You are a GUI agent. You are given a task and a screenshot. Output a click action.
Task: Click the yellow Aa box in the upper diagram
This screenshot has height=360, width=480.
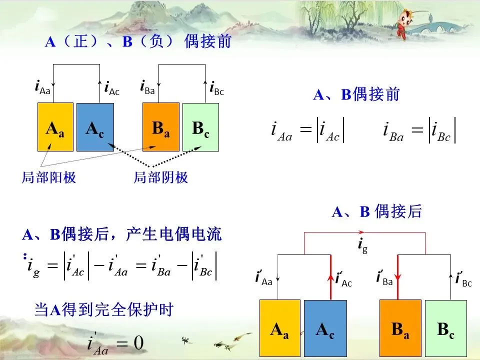[55, 127]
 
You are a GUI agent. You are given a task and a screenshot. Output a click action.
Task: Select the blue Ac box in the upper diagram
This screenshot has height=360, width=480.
[95, 127]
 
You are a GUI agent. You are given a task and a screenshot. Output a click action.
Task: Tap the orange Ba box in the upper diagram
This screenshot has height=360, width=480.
[160, 127]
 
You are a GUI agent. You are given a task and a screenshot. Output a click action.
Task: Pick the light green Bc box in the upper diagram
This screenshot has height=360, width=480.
[200, 127]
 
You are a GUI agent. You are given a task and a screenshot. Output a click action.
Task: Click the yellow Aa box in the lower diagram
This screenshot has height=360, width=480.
[279, 327]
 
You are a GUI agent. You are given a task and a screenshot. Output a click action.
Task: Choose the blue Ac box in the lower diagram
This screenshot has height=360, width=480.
[324, 327]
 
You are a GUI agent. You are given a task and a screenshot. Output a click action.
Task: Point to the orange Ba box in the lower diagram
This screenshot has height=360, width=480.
[400, 327]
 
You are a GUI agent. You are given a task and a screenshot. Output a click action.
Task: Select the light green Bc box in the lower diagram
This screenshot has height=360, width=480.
[445, 327]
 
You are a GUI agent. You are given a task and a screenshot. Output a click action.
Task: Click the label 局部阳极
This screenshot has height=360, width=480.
[49, 177]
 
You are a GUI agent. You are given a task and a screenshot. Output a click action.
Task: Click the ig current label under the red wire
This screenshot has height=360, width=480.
[362, 245]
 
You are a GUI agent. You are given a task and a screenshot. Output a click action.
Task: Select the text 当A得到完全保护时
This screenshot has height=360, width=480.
[103, 310]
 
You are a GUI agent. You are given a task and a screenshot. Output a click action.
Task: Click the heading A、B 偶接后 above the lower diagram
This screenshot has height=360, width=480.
[377, 212]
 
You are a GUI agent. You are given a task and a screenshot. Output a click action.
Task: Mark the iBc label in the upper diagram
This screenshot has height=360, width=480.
[216, 88]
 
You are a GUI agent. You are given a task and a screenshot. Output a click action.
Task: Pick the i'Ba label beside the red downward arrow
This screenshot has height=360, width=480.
[384, 278]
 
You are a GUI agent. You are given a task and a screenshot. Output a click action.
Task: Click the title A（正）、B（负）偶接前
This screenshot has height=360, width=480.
[138, 41]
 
